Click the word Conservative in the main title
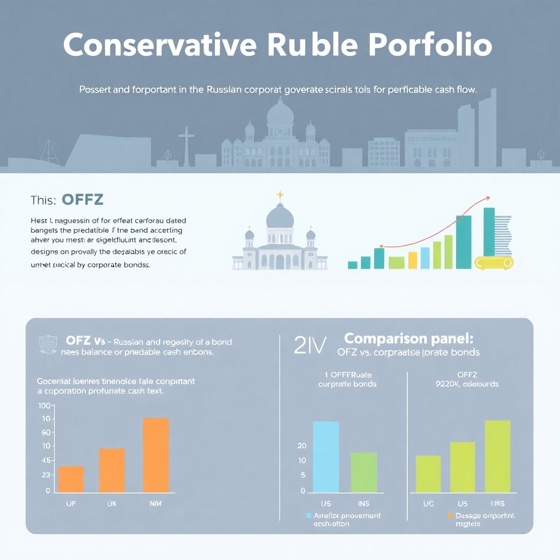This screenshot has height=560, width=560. [158, 46]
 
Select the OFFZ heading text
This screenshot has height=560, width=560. [83, 200]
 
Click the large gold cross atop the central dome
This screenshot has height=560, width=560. [281, 195]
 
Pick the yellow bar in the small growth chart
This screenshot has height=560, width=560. [413, 260]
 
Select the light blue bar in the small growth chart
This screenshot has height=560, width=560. [425, 258]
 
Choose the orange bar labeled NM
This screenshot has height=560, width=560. [156, 455]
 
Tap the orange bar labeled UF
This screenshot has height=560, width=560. [71, 479]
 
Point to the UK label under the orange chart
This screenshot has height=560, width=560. [112, 504]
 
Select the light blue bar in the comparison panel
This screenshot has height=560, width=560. [326, 457]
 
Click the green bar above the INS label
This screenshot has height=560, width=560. [364, 472]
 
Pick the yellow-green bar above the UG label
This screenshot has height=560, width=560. [428, 474]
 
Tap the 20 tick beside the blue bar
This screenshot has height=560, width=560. [302, 446]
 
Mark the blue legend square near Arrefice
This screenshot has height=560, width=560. [309, 516]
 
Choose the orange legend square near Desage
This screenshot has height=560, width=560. [451, 516]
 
